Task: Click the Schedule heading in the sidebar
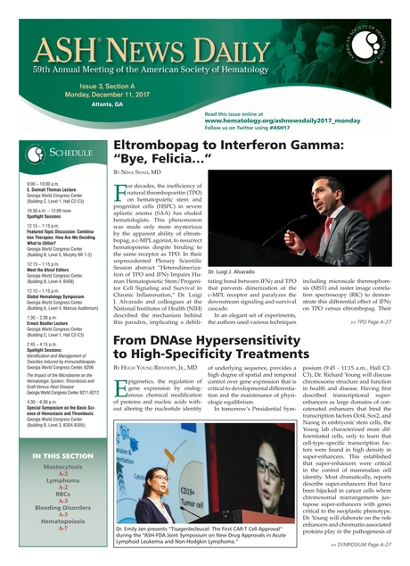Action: [63, 153]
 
